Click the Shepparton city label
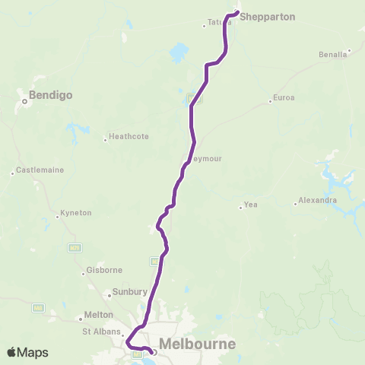click(x=267, y=16)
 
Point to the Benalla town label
click(x=334, y=55)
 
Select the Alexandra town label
click(x=318, y=201)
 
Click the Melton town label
click(x=99, y=315)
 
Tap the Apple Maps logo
click(x=28, y=352)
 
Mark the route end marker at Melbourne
click(x=154, y=352)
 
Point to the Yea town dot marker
click(x=240, y=205)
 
